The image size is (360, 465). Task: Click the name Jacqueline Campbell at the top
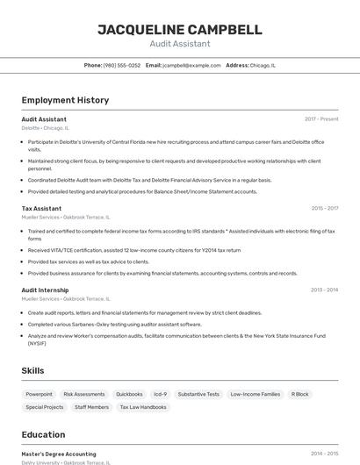(179, 30)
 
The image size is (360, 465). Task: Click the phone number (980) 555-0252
(122, 65)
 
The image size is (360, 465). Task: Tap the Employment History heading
(65, 100)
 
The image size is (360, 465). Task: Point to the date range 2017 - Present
(321, 119)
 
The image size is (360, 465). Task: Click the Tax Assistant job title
(41, 209)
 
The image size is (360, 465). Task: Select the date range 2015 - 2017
(324, 209)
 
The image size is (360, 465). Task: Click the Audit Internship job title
(45, 290)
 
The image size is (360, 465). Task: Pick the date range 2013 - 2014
(324, 290)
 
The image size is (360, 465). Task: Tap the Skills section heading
(33, 371)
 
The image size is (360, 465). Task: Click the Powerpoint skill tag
(39, 395)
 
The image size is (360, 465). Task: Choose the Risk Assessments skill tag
(84, 395)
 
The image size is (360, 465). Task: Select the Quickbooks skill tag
(129, 395)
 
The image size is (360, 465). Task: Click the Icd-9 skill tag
(160, 395)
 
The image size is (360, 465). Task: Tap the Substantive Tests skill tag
(198, 395)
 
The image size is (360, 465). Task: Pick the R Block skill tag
(300, 395)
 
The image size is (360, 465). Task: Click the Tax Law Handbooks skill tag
(141, 407)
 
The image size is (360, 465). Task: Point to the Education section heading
(43, 434)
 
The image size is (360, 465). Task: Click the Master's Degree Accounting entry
(59, 454)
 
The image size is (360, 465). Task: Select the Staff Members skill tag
(91, 407)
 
